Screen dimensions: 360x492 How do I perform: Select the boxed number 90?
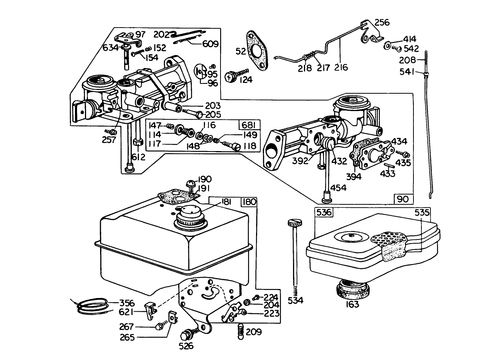click(404, 199)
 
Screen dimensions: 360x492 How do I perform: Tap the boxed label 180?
click(249, 202)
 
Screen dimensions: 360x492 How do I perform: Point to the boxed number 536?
click(324, 212)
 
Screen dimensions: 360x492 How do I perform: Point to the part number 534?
click(295, 301)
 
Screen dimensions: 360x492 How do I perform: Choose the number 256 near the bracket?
click(382, 22)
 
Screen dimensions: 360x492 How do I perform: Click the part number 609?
click(210, 44)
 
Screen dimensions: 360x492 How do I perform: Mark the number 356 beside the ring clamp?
click(127, 303)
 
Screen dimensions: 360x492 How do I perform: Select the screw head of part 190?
click(190, 184)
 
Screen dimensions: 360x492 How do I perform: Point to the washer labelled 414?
click(388, 46)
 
